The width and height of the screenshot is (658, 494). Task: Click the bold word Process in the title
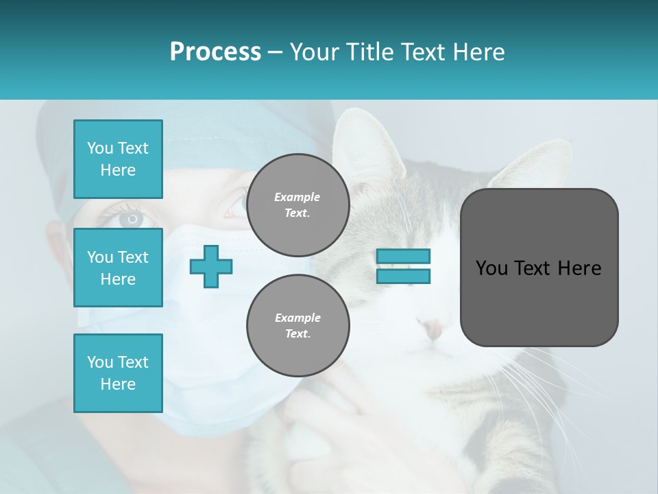pos(215,52)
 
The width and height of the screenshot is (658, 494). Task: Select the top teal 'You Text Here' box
pos(118,159)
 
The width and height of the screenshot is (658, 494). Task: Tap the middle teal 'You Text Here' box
pos(118,268)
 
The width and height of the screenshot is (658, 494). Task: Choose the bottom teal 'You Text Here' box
pos(118,373)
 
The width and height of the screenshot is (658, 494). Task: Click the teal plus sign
pos(211,266)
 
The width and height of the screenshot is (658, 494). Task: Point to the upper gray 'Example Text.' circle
pos(297,205)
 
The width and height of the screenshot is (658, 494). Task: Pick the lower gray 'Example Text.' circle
pos(297,326)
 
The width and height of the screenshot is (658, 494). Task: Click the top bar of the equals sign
pos(403,256)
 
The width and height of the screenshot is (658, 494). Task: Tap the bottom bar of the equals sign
pos(403,277)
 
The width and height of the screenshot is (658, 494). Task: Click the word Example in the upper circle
pos(297,197)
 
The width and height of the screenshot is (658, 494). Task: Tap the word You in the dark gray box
pos(491,268)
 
